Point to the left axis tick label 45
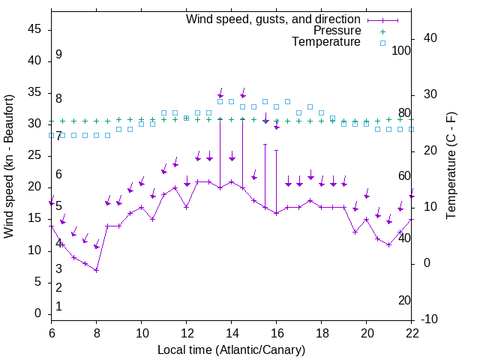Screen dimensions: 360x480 (34, 29)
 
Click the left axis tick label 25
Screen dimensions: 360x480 (34, 155)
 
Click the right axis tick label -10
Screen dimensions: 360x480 (430, 319)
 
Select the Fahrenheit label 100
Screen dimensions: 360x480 (402, 51)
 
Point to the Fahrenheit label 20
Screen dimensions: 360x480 (405, 301)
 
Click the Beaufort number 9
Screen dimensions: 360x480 (58, 55)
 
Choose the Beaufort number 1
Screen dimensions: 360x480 (58, 307)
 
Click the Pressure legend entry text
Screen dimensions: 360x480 (337, 31)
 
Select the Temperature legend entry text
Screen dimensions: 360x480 (326, 42)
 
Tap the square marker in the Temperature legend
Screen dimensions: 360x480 (382, 43)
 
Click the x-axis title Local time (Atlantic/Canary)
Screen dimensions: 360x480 (232, 349)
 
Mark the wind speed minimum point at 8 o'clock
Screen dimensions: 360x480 (97, 270)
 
